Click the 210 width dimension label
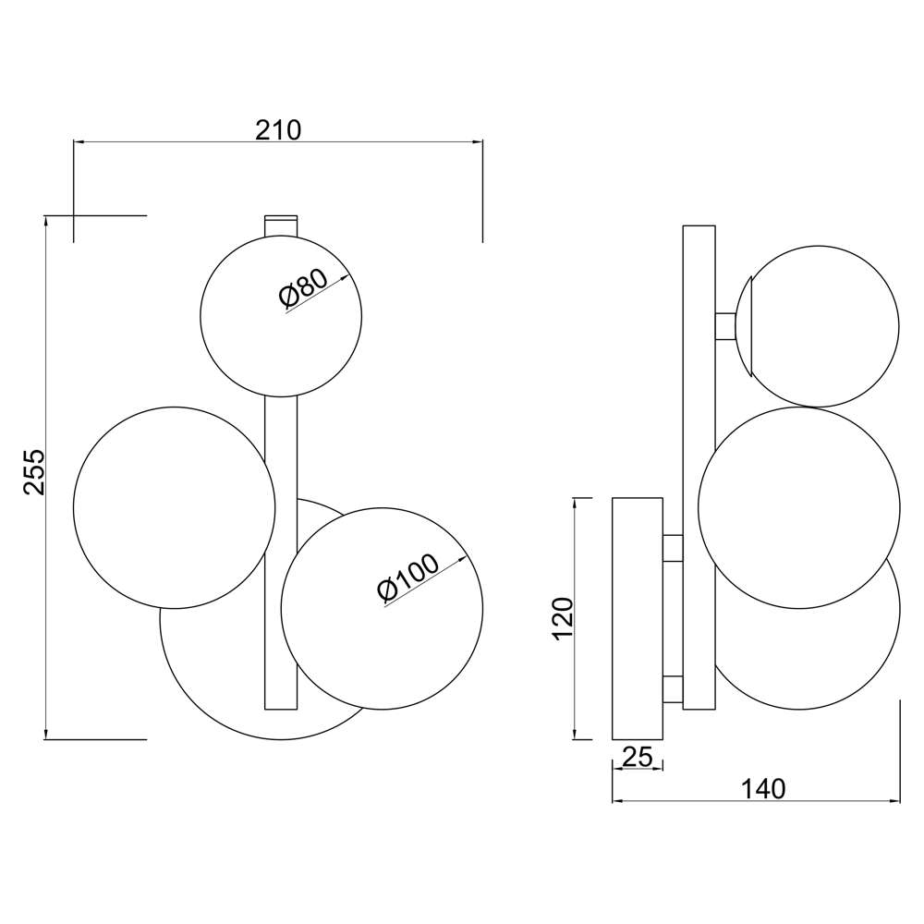[x=278, y=130]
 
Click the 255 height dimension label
[x=35, y=471]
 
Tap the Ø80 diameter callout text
[x=303, y=288]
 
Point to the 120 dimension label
[x=563, y=618]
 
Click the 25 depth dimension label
[x=638, y=757]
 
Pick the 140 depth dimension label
[x=762, y=788]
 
